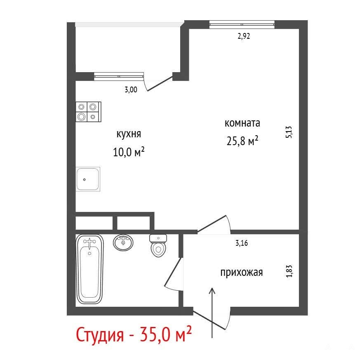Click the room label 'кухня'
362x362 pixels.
[129, 134]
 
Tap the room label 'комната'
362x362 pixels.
[242, 123]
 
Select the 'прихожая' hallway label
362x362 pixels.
[242, 273]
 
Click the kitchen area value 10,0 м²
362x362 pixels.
[129, 152]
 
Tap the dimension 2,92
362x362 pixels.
[244, 36]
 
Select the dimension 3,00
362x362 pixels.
[131, 89]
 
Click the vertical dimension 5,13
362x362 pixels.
[289, 132]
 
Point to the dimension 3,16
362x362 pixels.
[242, 243]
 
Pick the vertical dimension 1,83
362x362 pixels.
[289, 271]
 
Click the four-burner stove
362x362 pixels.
[88, 112]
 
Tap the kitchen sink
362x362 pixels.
[88, 179]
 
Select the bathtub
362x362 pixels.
[89, 269]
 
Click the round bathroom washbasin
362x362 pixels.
[123, 242]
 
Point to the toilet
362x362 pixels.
[158, 246]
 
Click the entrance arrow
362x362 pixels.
[212, 313]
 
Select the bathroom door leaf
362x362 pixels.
[172, 272]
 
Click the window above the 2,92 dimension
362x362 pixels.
[242, 24]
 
